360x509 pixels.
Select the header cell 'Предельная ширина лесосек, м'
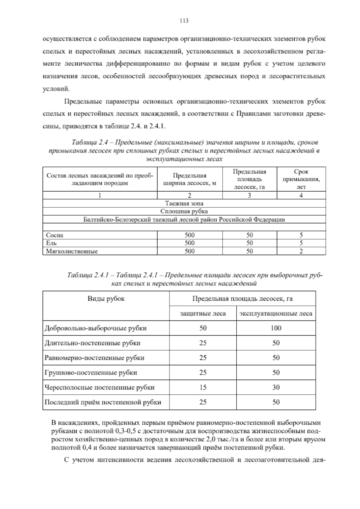(190, 179)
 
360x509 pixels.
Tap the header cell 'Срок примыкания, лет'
(301, 179)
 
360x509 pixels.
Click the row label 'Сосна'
(55, 235)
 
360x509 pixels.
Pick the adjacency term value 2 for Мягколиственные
(301, 251)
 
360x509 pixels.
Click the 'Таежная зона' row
(184, 203)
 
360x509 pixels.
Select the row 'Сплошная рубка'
(184, 211)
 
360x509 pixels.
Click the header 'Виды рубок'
(106, 299)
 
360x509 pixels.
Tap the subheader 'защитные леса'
(203, 314)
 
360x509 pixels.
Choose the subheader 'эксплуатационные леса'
(276, 314)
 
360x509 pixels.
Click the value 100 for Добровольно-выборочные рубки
(276, 328)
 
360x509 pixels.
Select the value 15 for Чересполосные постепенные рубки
(203, 387)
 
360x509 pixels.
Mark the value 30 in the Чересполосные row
(276, 387)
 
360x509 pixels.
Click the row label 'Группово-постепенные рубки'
(91, 373)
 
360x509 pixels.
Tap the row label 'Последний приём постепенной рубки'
(103, 402)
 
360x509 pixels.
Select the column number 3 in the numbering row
(249, 195)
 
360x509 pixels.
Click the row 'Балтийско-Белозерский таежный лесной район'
(184, 219)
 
